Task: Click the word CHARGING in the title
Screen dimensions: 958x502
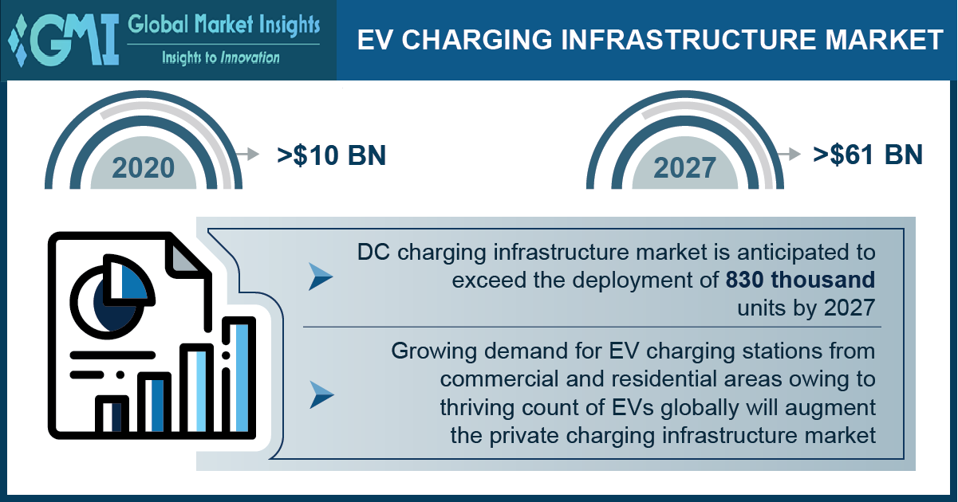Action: (x=477, y=40)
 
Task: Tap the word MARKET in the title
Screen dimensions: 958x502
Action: (x=884, y=40)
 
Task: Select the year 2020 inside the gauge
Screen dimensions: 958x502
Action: (x=144, y=167)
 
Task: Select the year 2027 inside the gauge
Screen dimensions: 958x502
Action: (x=684, y=167)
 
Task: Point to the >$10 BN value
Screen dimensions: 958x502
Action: (x=332, y=155)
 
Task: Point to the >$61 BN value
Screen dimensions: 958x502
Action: (x=868, y=155)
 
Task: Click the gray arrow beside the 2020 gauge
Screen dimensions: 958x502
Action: (x=249, y=154)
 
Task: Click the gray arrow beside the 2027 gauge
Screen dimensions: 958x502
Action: (x=790, y=154)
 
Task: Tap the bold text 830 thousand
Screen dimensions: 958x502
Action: (x=800, y=280)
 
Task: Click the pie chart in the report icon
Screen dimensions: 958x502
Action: (x=112, y=296)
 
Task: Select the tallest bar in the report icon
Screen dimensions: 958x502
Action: (x=239, y=376)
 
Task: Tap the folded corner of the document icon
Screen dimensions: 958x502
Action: (x=184, y=256)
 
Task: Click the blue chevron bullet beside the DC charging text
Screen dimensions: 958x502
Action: (x=321, y=276)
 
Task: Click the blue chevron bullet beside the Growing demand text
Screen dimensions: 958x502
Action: (x=321, y=394)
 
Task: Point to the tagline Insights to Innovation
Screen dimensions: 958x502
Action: (x=221, y=57)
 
